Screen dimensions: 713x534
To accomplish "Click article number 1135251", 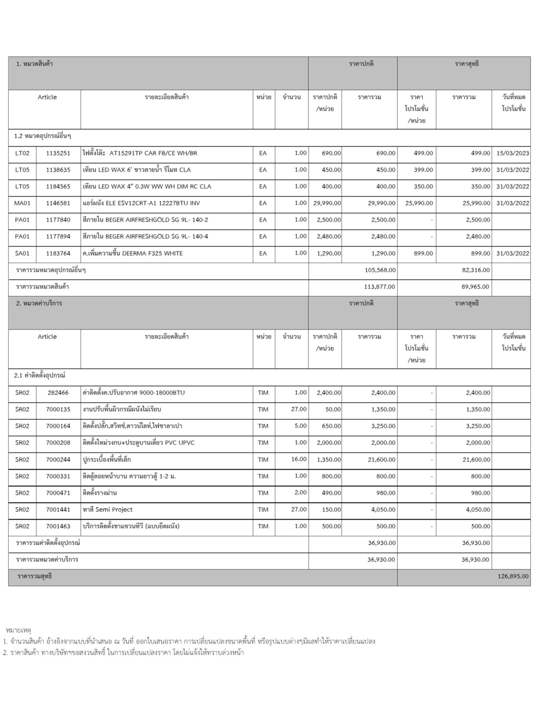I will point(58,153).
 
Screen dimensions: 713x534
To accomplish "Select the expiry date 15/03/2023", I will point(512,153).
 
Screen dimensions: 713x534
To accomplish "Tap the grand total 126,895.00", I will point(513,576).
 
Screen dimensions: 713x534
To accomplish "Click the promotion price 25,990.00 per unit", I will point(419,203).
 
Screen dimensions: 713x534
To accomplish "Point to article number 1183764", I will point(58,253).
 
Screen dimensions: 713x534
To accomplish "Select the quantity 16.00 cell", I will point(299,459).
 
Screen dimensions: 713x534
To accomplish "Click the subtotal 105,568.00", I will point(380,270).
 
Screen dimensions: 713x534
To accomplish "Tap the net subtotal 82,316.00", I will point(476,270).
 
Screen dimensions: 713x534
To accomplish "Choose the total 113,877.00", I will point(380,287).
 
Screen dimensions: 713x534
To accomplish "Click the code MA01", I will point(22,203).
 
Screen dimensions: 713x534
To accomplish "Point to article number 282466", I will point(58,393).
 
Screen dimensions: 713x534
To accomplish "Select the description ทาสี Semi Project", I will point(108,510).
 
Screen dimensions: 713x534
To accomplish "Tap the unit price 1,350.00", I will point(329,460).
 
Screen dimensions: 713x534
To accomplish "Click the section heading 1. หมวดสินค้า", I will point(34,64).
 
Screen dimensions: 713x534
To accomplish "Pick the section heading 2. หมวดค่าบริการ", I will point(39,303).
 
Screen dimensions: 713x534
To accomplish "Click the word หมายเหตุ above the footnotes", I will point(18,630).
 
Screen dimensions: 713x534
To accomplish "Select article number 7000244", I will point(58,460).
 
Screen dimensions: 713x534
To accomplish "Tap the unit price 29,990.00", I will point(327,203).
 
